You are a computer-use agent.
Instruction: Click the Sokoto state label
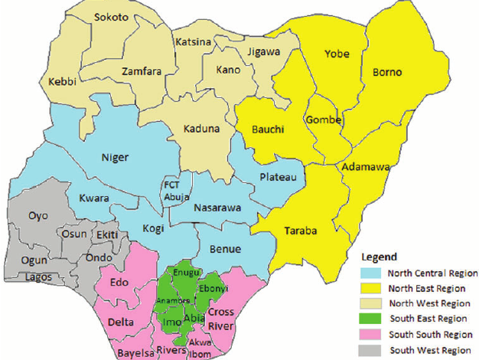click(x=112, y=17)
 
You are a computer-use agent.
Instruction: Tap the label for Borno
click(x=386, y=73)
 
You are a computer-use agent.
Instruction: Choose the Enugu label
click(x=186, y=273)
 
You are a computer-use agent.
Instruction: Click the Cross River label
click(x=221, y=317)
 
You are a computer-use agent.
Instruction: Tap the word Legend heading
click(x=380, y=257)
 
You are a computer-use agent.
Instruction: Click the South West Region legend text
click(x=432, y=350)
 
